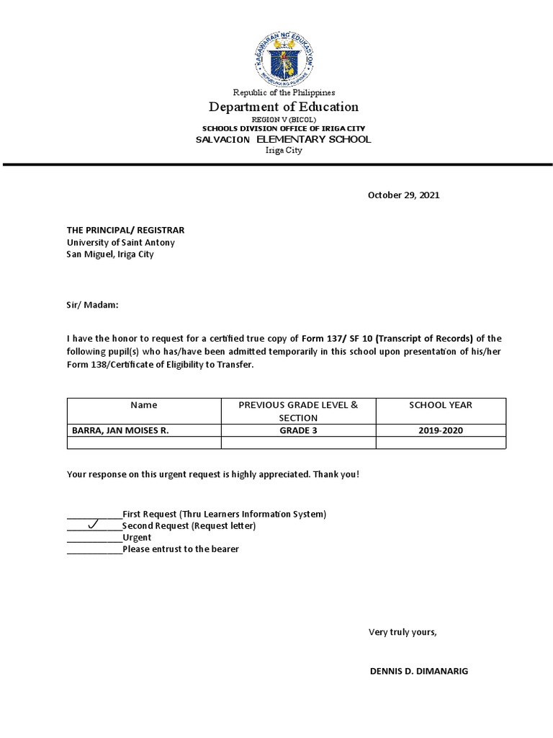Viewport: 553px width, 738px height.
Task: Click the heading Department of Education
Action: pos(283,107)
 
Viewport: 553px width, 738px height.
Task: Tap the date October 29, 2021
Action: pos(403,195)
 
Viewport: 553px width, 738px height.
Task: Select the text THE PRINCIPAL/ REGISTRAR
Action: pos(125,230)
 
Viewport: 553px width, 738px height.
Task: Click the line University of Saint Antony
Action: pos(120,242)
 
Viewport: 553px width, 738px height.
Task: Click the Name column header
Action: pos(144,405)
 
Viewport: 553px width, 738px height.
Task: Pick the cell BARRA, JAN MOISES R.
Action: pos(120,430)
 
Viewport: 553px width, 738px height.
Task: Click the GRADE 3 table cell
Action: pos(298,430)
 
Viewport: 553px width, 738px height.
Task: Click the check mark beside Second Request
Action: pos(93,525)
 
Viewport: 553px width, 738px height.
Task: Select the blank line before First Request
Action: pos(94,515)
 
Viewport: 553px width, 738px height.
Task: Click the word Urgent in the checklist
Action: pos(137,538)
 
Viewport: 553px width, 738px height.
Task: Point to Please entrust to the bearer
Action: pos(180,549)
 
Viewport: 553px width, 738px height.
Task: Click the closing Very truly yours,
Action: pos(403,632)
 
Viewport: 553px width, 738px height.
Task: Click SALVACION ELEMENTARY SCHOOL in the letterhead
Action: pos(283,139)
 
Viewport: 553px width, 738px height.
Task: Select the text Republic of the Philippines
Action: pos(283,92)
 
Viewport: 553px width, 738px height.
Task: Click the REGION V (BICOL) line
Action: pos(283,120)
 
